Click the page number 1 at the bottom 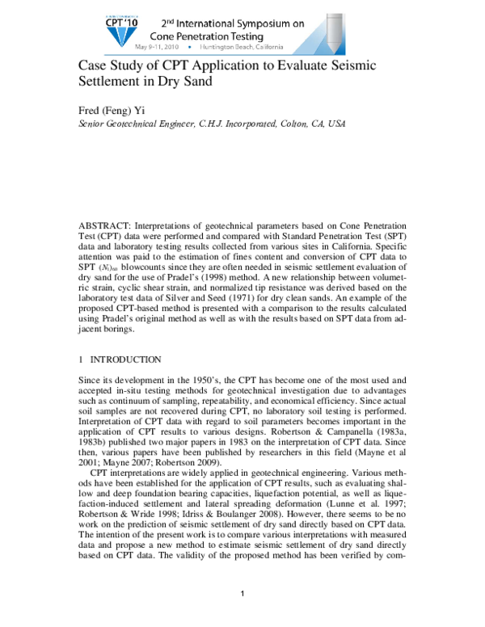click(243, 595)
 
